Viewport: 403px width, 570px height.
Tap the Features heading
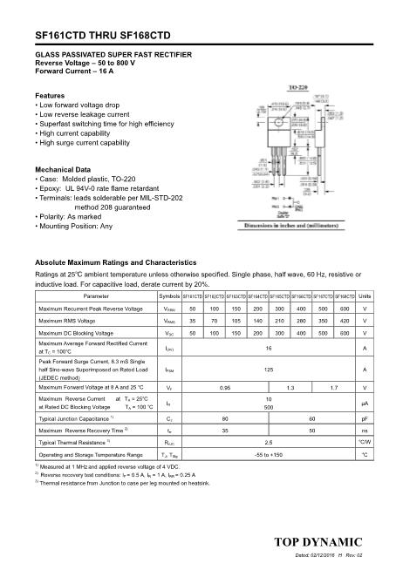click(x=50, y=95)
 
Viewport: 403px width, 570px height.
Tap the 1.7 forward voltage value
click(x=334, y=386)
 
